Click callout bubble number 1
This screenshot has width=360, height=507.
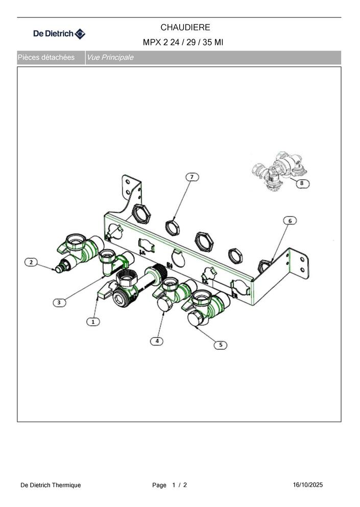(93, 322)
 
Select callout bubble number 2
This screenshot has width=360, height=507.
(31, 262)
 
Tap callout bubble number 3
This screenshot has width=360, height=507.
(59, 303)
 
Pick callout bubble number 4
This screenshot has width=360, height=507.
(157, 341)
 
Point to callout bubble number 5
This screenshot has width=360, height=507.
(221, 345)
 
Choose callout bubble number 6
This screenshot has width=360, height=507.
(290, 221)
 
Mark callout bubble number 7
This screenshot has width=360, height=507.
(192, 177)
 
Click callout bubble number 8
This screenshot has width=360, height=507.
(302, 183)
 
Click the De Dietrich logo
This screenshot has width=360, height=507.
(60, 34)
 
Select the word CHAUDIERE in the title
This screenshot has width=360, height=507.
(185, 28)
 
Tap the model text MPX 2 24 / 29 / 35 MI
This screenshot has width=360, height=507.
(183, 42)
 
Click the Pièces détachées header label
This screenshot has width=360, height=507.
(46, 58)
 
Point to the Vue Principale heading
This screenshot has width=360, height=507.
(110, 58)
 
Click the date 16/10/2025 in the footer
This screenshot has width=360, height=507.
(308, 485)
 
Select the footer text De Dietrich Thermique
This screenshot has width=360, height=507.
(51, 485)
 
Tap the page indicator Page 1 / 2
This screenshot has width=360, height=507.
(170, 485)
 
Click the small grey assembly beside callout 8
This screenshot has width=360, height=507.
(278, 171)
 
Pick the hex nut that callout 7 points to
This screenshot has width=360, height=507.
(173, 227)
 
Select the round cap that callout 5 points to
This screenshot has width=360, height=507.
(195, 319)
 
